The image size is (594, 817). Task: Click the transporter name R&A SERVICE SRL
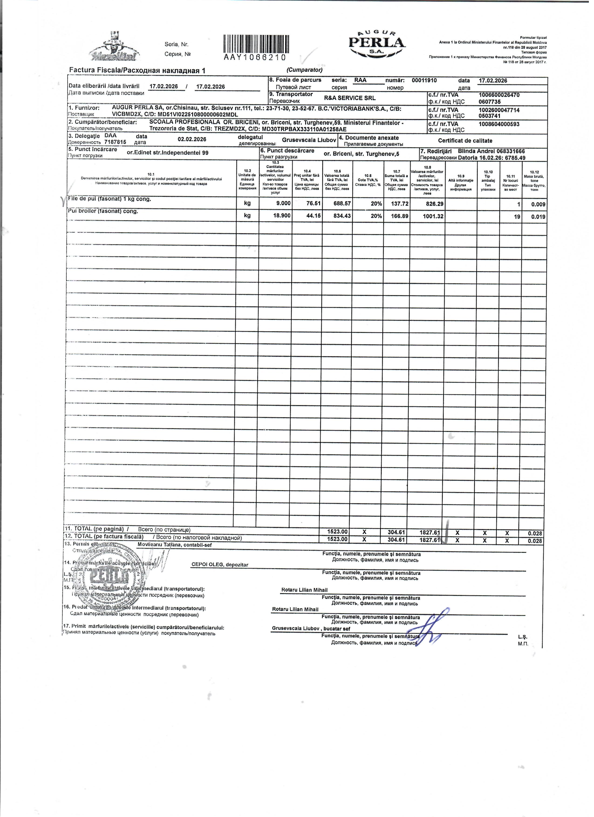pyautogui.click(x=350, y=98)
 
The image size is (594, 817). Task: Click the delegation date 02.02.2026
pyautogui.click(x=192, y=139)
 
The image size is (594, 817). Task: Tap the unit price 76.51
pyautogui.click(x=313, y=204)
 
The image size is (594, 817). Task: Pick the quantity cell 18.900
pyautogui.click(x=283, y=216)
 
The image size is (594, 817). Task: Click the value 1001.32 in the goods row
pyautogui.click(x=433, y=216)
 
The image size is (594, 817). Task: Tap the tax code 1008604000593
pyautogui.click(x=499, y=124)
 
